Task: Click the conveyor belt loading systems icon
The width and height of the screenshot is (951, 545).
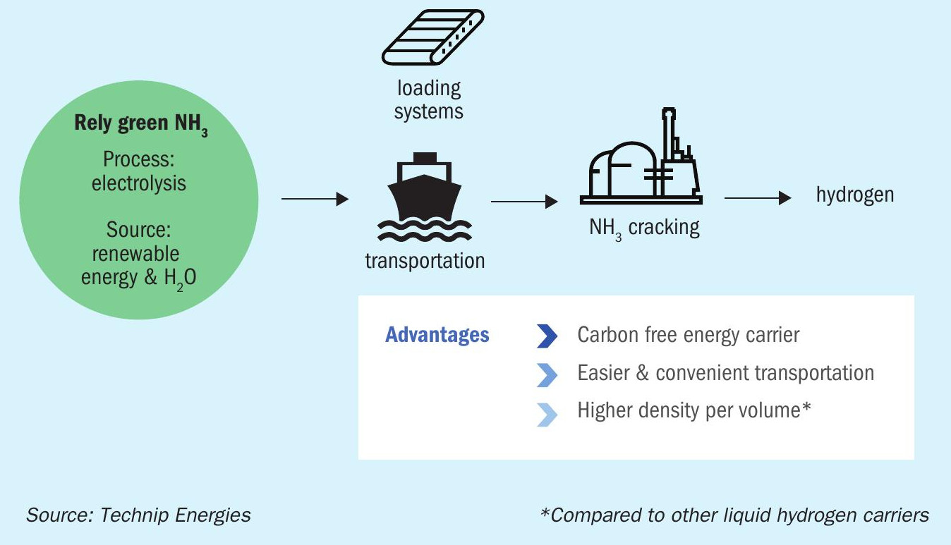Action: click(432, 37)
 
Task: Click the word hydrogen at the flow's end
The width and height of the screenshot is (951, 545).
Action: click(855, 195)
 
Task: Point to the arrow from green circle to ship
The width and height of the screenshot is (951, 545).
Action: click(315, 199)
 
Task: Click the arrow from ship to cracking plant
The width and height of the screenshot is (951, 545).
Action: click(524, 202)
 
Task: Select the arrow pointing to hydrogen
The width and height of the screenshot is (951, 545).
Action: click(758, 197)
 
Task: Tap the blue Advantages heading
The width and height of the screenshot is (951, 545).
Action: click(437, 335)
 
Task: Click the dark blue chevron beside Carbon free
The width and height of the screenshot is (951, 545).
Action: click(547, 336)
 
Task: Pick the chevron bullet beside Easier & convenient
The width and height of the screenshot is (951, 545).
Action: click(547, 375)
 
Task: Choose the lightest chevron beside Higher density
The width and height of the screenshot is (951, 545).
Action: click(547, 415)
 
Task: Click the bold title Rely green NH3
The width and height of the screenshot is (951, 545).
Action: click(141, 125)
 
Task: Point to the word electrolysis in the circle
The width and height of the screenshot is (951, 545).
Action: click(139, 183)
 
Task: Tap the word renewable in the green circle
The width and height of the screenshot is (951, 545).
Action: click(136, 254)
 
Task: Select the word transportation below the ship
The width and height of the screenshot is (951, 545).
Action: click(425, 260)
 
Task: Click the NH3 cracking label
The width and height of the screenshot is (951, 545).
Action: click(645, 228)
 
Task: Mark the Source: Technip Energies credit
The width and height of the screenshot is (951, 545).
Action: click(138, 515)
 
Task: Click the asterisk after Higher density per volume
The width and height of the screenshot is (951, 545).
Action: click(806, 407)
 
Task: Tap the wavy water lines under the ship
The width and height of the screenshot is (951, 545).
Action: click(424, 231)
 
